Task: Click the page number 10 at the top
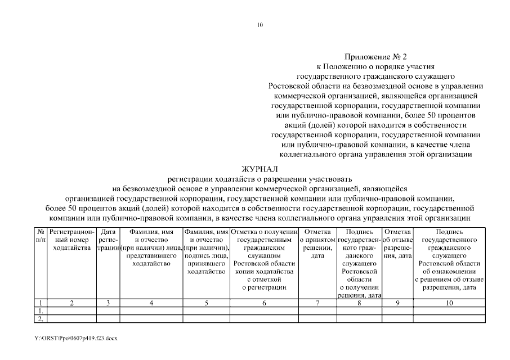pyautogui.click(x=260, y=25)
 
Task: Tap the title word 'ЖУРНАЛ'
pyautogui.click(x=260, y=169)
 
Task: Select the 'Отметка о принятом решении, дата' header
pyautogui.click(x=317, y=244)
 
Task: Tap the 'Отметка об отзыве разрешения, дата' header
pyautogui.click(x=397, y=244)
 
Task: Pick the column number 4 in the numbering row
pyautogui.click(x=151, y=303)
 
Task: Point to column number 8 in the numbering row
pyautogui.click(x=359, y=303)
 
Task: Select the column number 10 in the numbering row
pyautogui.click(x=449, y=303)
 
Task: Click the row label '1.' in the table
pyautogui.click(x=40, y=311)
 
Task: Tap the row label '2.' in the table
pyautogui.click(x=40, y=319)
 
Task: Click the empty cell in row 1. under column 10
pyautogui.click(x=449, y=311)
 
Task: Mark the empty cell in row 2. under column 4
pyautogui.click(x=151, y=319)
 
